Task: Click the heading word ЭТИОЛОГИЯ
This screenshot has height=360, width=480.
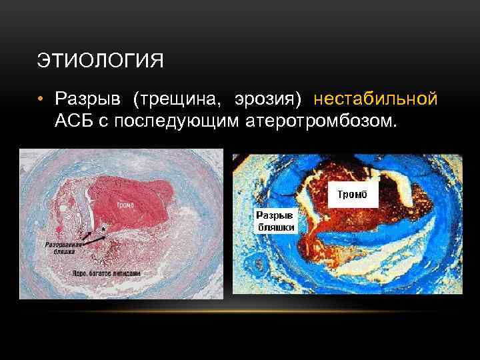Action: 100,62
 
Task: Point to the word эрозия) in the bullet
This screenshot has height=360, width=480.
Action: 267,99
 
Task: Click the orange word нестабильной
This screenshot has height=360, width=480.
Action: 375,99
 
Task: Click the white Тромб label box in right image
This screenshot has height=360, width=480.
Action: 353,195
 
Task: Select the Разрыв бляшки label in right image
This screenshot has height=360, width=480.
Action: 276,223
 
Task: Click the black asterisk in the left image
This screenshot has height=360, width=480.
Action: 103,228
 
